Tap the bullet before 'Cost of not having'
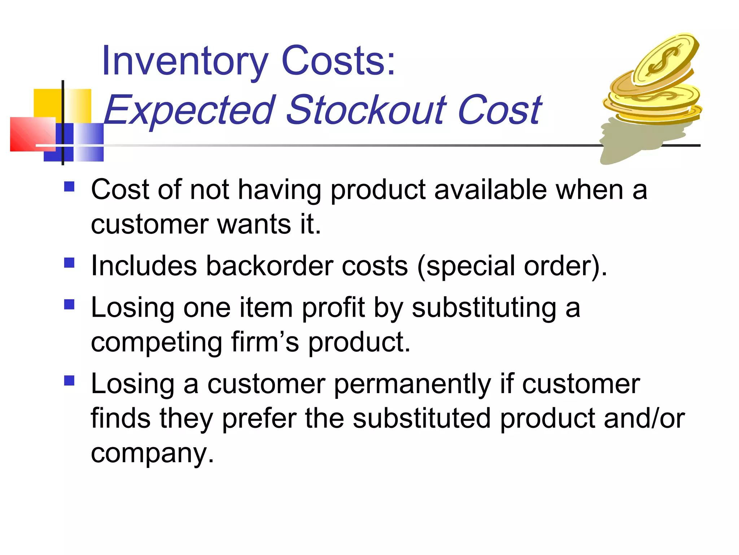click(x=69, y=187)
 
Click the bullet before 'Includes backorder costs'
click(x=69, y=263)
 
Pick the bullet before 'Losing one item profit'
click(x=69, y=305)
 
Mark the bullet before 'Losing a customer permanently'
click(x=69, y=380)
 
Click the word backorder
click(x=269, y=266)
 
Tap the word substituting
click(x=484, y=308)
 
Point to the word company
click(x=152, y=453)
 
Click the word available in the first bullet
click(x=490, y=190)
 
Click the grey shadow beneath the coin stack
click(x=635, y=141)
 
